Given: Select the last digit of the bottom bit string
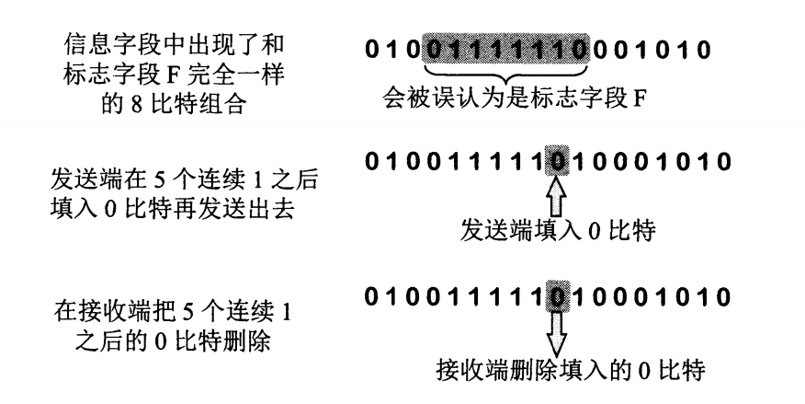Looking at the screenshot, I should coord(723,299).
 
